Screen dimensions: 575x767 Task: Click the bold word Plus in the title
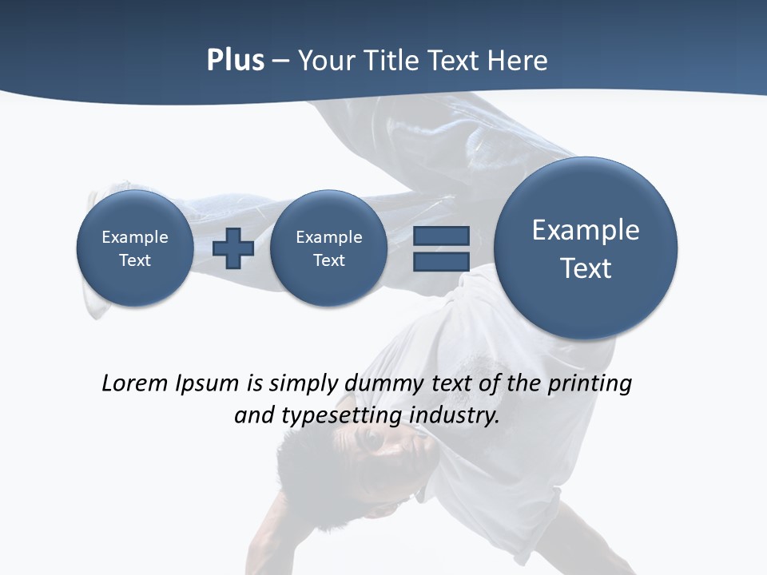point(235,61)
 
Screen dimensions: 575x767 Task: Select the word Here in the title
point(518,61)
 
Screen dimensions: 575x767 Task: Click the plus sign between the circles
point(233,248)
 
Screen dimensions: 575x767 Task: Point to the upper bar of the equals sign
point(441,236)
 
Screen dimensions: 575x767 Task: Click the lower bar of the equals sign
point(441,262)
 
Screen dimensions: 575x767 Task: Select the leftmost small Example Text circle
point(134,248)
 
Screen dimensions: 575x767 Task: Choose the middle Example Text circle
point(328,248)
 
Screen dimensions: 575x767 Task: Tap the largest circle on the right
point(586,248)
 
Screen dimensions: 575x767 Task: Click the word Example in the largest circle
point(586,230)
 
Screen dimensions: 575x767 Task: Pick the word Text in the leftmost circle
point(134,260)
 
